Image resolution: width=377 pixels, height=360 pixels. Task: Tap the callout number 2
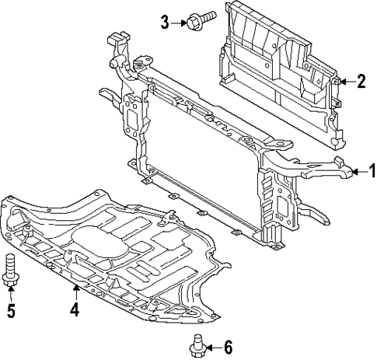pyautogui.click(x=361, y=80)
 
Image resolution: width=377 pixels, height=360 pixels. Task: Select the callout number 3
pyautogui.click(x=165, y=21)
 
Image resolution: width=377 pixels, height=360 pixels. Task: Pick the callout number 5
pyautogui.click(x=11, y=312)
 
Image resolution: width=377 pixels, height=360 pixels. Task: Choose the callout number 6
pyautogui.click(x=228, y=347)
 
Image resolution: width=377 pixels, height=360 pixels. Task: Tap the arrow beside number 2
pyautogui.click(x=344, y=80)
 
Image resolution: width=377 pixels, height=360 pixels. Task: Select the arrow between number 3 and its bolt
pyautogui.click(x=178, y=21)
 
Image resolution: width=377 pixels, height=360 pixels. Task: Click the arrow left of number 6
pyautogui.click(x=211, y=347)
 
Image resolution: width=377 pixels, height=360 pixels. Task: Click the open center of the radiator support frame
pyautogui.click(x=202, y=156)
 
